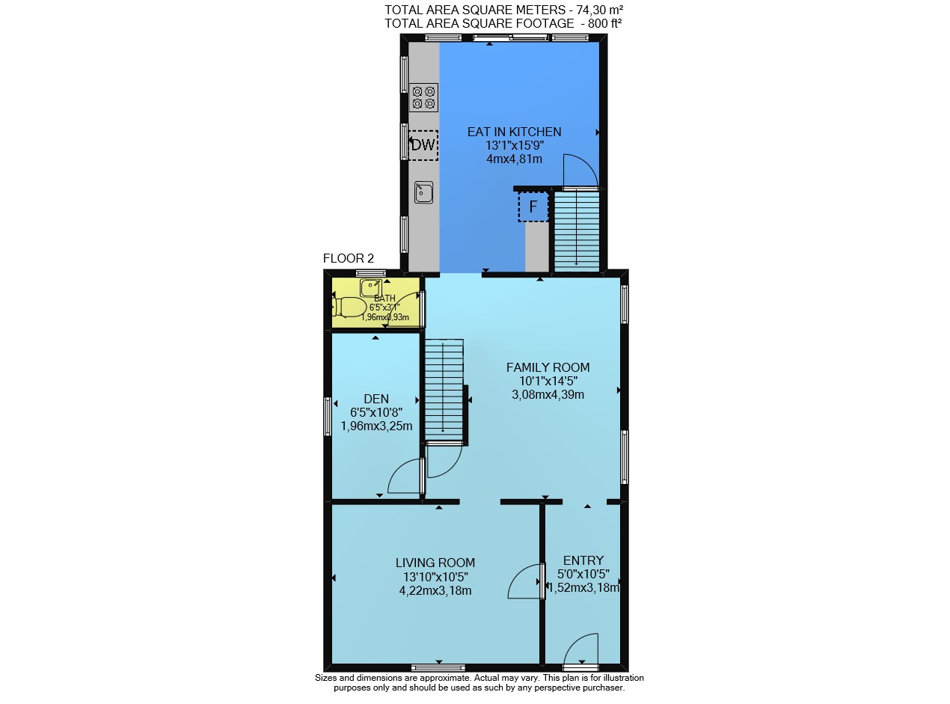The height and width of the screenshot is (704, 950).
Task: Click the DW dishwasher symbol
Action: pos(423,145)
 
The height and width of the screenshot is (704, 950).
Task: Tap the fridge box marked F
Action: pos(533,206)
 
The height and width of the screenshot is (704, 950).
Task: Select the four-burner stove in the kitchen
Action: pos(423,97)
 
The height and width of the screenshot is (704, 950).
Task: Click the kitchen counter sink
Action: pos(423,192)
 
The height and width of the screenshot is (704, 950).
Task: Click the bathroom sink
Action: pos(370,287)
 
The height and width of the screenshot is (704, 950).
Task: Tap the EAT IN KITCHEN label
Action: pos(514,132)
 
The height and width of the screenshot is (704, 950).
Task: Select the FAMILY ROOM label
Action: pos(548,367)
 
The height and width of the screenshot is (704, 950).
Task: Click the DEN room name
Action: pos(376,399)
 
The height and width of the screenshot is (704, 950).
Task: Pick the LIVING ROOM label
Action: pos(435,563)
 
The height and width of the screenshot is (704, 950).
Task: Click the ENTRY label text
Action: pos(583,560)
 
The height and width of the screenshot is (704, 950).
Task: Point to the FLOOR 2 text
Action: pos(349,258)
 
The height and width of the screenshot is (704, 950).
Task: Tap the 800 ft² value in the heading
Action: pos(604,24)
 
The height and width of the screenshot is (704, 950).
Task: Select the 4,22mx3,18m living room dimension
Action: pos(435,590)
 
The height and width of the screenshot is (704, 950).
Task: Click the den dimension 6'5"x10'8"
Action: pos(376,413)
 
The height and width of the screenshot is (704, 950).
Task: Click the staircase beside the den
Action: pos(444,390)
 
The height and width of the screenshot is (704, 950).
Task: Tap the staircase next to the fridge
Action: pos(577,231)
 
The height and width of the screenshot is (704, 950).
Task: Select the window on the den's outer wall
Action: pos(328,417)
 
